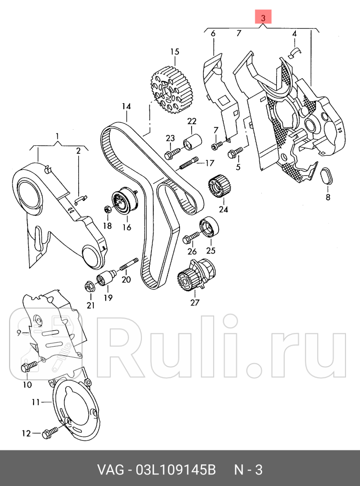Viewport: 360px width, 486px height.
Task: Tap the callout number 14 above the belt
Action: click(x=126, y=107)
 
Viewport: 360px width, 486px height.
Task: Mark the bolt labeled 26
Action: click(x=191, y=235)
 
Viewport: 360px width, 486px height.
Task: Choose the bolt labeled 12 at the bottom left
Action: click(x=51, y=431)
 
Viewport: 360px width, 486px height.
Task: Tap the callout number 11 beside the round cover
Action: click(x=36, y=402)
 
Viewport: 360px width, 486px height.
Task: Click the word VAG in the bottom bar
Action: click(x=110, y=471)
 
